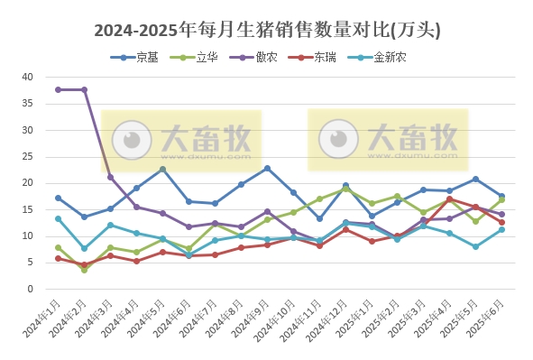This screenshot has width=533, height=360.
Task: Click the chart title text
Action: coord(267,30)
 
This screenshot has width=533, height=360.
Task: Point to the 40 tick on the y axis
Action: coord(27,78)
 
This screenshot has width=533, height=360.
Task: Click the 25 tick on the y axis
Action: coord(27,157)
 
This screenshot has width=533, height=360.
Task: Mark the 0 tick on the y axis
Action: coord(30,290)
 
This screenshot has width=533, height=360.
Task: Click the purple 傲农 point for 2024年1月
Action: coord(58,89)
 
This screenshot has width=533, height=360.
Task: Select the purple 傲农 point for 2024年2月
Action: coord(84,89)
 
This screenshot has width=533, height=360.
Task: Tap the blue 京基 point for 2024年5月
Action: coord(162,169)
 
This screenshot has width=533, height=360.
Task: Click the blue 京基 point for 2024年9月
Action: coord(267,168)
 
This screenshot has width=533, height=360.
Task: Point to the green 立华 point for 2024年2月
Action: coord(84,270)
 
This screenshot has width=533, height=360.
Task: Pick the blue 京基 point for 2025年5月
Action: coord(475,179)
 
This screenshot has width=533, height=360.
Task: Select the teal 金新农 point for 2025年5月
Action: coord(475,246)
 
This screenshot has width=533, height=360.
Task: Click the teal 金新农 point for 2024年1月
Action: coord(58,218)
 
